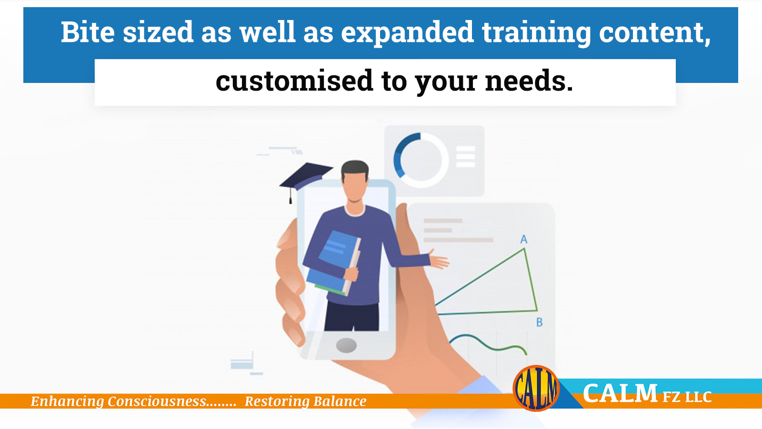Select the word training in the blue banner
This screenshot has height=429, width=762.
point(536,33)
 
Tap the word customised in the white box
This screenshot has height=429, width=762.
point(295,81)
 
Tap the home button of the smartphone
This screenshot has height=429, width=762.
point(346,345)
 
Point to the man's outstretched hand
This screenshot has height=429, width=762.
point(439,260)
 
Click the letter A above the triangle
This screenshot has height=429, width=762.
point(524,239)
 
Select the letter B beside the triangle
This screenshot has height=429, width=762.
point(540,322)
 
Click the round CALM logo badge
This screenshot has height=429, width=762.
point(536,388)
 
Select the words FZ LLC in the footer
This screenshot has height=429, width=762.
point(687,397)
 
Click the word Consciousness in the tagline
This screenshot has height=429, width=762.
point(157,401)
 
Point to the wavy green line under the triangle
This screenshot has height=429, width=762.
point(489,344)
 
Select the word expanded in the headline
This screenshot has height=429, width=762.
point(407,33)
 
